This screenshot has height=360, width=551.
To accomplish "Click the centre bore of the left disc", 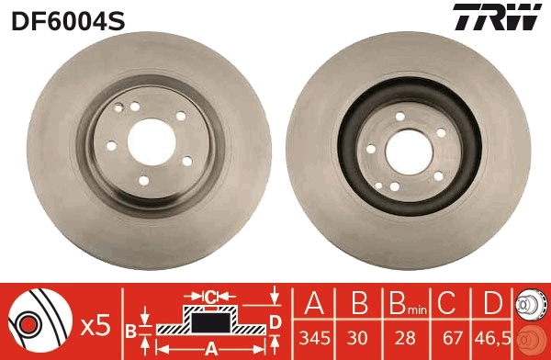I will (149, 139).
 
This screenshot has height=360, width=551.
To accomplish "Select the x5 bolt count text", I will (95, 324).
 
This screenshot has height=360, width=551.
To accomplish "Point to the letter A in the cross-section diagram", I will (211, 347).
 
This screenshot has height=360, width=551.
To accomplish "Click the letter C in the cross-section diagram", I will (210, 296).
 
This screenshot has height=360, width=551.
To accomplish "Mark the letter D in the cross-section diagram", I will (275, 321).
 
